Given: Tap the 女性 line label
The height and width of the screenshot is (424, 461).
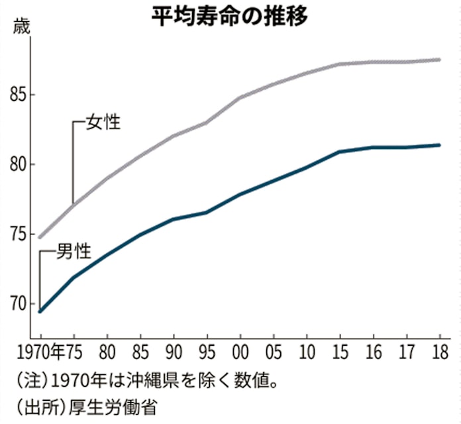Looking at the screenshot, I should pos(103,123).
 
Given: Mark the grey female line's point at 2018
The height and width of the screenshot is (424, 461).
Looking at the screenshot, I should pos(438,60).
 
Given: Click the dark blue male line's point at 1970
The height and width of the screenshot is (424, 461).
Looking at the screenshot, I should pos(40,311).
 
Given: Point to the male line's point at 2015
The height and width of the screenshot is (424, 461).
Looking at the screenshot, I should pos(339,152).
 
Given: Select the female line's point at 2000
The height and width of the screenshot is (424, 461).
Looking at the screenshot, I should pos(239,97).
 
